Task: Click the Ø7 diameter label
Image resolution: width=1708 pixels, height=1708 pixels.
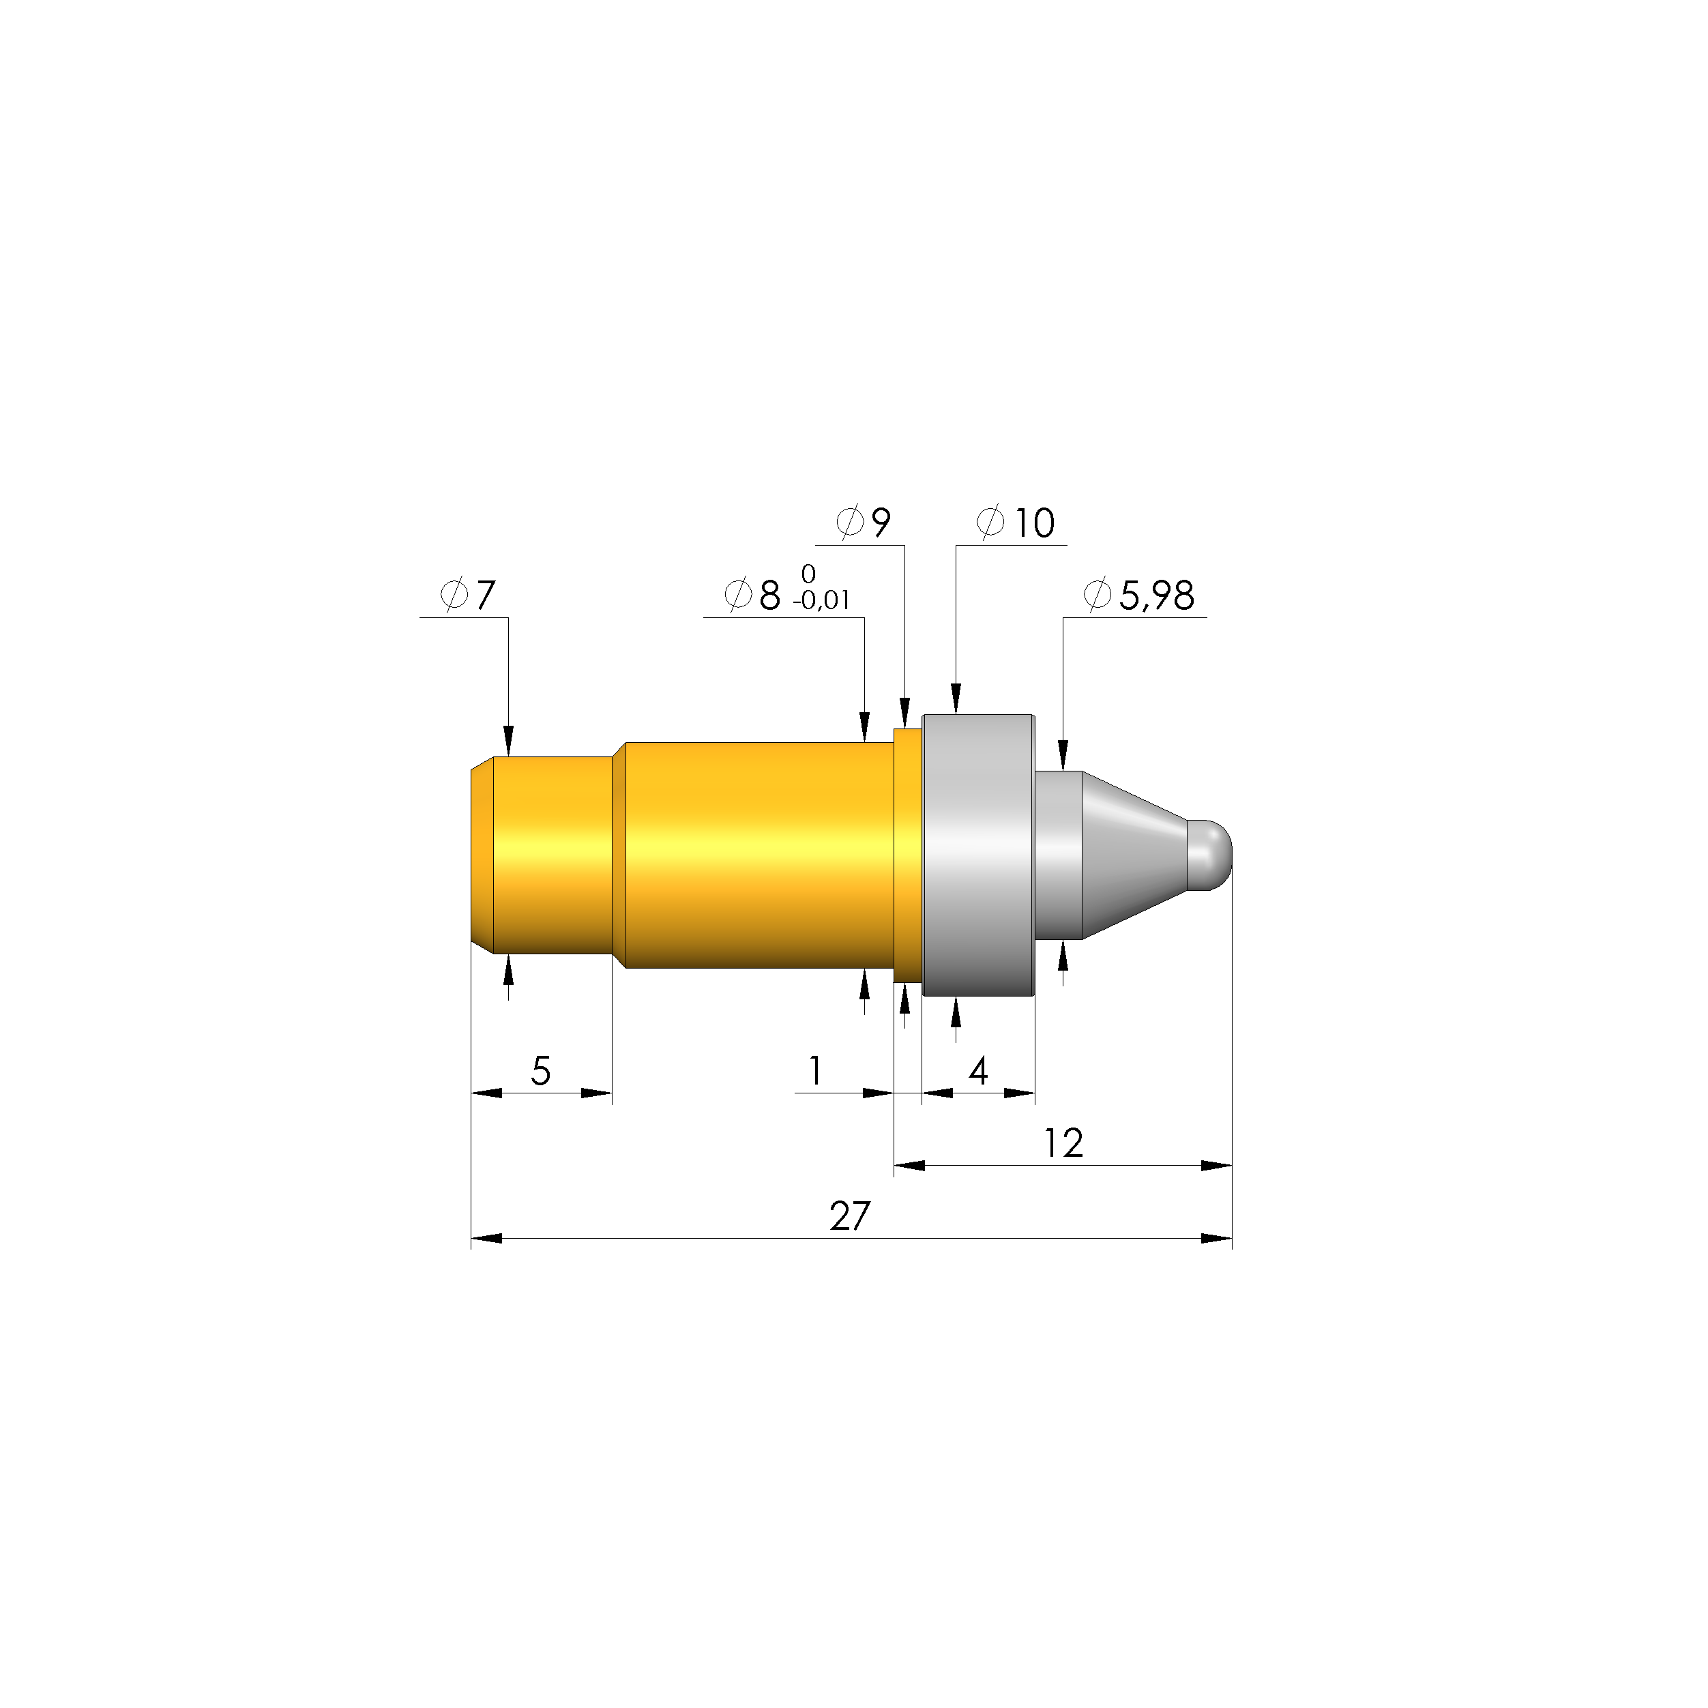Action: coord(469,596)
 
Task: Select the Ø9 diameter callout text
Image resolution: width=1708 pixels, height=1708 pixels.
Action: coord(864,523)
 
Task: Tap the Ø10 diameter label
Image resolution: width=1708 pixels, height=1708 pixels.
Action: coord(1016,523)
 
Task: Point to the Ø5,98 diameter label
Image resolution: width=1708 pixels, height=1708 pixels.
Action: coord(1138,596)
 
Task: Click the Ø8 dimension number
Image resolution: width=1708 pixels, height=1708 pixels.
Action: coord(753,596)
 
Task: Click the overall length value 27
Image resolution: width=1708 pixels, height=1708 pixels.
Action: coord(850,1218)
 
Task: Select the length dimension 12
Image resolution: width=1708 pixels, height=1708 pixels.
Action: coord(1063,1144)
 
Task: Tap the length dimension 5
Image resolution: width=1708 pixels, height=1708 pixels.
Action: coord(540,1072)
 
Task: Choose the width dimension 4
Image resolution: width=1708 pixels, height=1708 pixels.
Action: coord(977,1072)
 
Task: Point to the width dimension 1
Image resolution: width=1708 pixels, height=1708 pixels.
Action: coord(815,1072)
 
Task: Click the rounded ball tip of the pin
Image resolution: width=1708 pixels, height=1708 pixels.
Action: coord(1210,854)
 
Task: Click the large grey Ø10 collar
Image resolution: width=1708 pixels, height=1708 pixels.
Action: coord(977,854)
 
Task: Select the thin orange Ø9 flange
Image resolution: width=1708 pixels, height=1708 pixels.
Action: coord(908,854)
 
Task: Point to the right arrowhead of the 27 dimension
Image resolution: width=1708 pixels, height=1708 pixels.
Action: coord(1218,1239)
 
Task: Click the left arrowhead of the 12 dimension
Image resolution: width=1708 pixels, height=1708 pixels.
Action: coord(909,1165)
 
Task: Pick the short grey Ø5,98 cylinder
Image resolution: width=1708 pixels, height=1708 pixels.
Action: coord(1058,854)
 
